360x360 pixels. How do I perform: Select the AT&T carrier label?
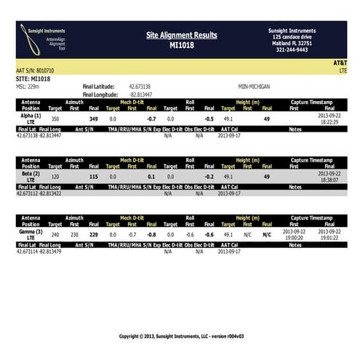click(340, 63)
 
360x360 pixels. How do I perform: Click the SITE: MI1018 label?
click(33, 79)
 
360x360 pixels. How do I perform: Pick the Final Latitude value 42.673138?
click(140, 86)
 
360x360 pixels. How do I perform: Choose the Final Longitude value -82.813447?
click(140, 94)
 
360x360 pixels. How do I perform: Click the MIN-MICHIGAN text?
click(254, 86)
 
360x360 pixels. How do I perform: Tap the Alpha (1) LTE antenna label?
click(31, 119)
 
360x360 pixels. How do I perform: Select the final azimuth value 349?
click(93, 118)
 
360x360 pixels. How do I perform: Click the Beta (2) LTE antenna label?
click(31, 177)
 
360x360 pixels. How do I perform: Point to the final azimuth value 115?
click(93, 176)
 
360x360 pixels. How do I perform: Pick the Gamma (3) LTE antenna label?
click(31, 235)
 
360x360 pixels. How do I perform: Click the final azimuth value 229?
click(93, 234)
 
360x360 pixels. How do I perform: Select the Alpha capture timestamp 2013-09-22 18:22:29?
click(329, 119)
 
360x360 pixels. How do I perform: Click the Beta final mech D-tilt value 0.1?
click(151, 176)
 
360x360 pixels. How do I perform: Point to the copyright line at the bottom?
click(181, 336)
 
